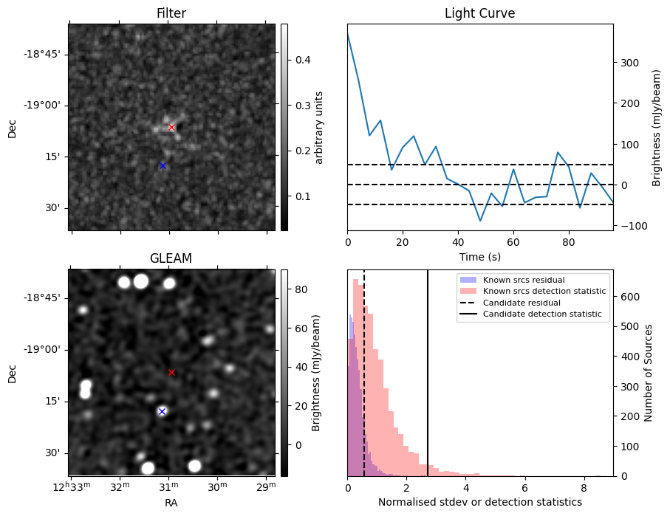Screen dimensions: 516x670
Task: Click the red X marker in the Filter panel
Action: pyautogui.click(x=171, y=127)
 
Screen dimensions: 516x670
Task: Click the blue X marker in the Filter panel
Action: pyautogui.click(x=163, y=165)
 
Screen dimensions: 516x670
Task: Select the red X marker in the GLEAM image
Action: pyautogui.click(x=171, y=372)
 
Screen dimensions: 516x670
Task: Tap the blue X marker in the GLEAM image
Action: pyautogui.click(x=162, y=411)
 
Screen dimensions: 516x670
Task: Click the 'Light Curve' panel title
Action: pyautogui.click(x=479, y=13)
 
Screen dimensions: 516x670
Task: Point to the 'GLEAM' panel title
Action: pyautogui.click(x=171, y=258)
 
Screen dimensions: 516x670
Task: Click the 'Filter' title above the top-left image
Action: pyautogui.click(x=171, y=13)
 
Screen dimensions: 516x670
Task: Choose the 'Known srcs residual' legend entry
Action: pyautogui.click(x=524, y=280)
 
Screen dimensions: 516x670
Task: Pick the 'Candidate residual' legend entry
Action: pyautogui.click(x=522, y=303)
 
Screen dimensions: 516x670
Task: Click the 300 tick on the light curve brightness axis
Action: pyautogui.click(x=628, y=63)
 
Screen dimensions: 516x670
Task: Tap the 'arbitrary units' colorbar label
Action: pyautogui.click(x=320, y=127)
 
